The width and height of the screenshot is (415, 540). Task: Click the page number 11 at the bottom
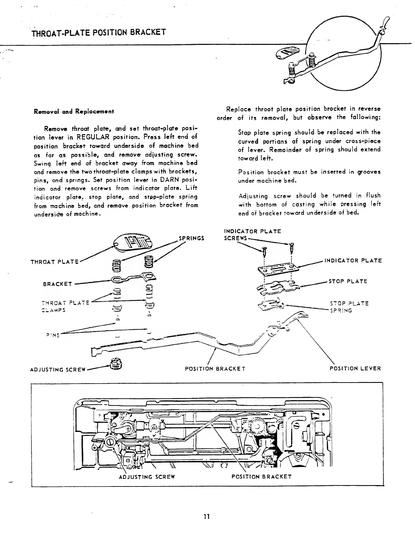click(206, 517)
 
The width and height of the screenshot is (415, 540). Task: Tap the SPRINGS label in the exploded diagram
click(191, 238)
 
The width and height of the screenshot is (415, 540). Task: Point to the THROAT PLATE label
click(54, 262)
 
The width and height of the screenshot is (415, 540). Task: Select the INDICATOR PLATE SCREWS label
click(252, 235)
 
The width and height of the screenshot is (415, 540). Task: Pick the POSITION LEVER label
click(355, 368)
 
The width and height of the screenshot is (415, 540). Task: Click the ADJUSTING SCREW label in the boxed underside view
click(147, 477)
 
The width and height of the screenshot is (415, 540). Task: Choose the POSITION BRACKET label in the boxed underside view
click(262, 477)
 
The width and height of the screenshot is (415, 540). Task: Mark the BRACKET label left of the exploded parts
click(58, 284)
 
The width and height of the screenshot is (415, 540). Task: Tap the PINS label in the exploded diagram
click(53, 335)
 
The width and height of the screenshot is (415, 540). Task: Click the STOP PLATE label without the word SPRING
click(348, 281)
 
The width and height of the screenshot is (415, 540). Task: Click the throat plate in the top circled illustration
click(289, 53)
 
